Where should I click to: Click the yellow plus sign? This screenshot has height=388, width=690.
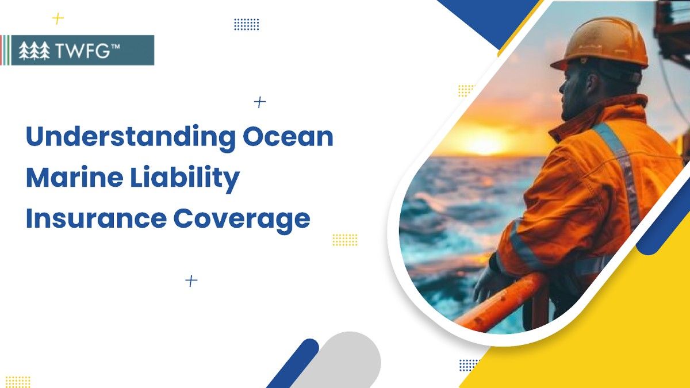tap(57, 19)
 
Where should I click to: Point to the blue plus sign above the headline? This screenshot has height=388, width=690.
tap(260, 102)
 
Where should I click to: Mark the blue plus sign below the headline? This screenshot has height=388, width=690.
tap(191, 281)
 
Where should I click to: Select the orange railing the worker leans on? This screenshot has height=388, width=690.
tap(506, 302)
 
